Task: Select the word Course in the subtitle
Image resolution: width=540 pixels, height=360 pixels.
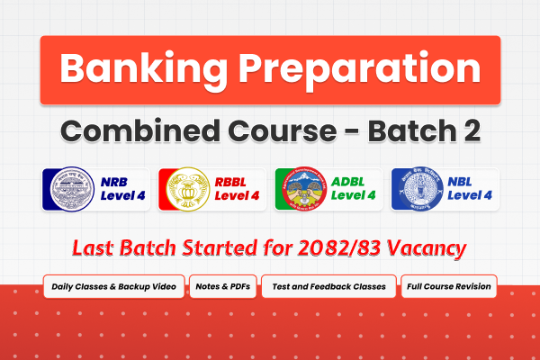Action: click(287, 130)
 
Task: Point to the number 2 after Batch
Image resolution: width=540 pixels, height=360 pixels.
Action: click(470, 130)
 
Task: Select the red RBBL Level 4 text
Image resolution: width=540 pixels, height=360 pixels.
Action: click(237, 189)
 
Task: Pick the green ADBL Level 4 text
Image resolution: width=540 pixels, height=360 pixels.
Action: click(353, 189)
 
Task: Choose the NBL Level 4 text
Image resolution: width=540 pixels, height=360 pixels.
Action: click(466, 189)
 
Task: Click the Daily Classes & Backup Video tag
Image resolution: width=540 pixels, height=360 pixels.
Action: click(114, 287)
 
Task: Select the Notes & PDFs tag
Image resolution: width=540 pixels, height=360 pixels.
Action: click(223, 287)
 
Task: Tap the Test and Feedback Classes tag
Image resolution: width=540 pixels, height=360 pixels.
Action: click(328, 287)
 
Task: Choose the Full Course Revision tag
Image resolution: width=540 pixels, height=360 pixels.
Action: click(449, 287)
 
